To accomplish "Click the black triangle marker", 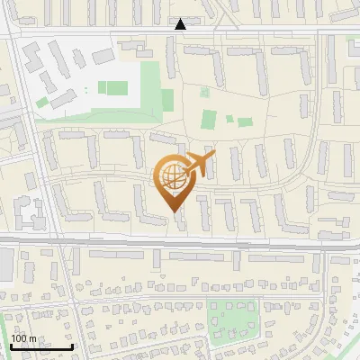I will [180, 24].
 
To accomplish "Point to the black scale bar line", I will [41, 346].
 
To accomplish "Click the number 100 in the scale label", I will [20, 338].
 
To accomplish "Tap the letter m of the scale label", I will [32, 338].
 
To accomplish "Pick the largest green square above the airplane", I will [209, 120].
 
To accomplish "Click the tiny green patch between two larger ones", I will [229, 118].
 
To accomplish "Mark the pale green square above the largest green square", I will [204, 92].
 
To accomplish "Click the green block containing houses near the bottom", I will [232, 319].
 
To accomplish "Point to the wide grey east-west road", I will [180, 241].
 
